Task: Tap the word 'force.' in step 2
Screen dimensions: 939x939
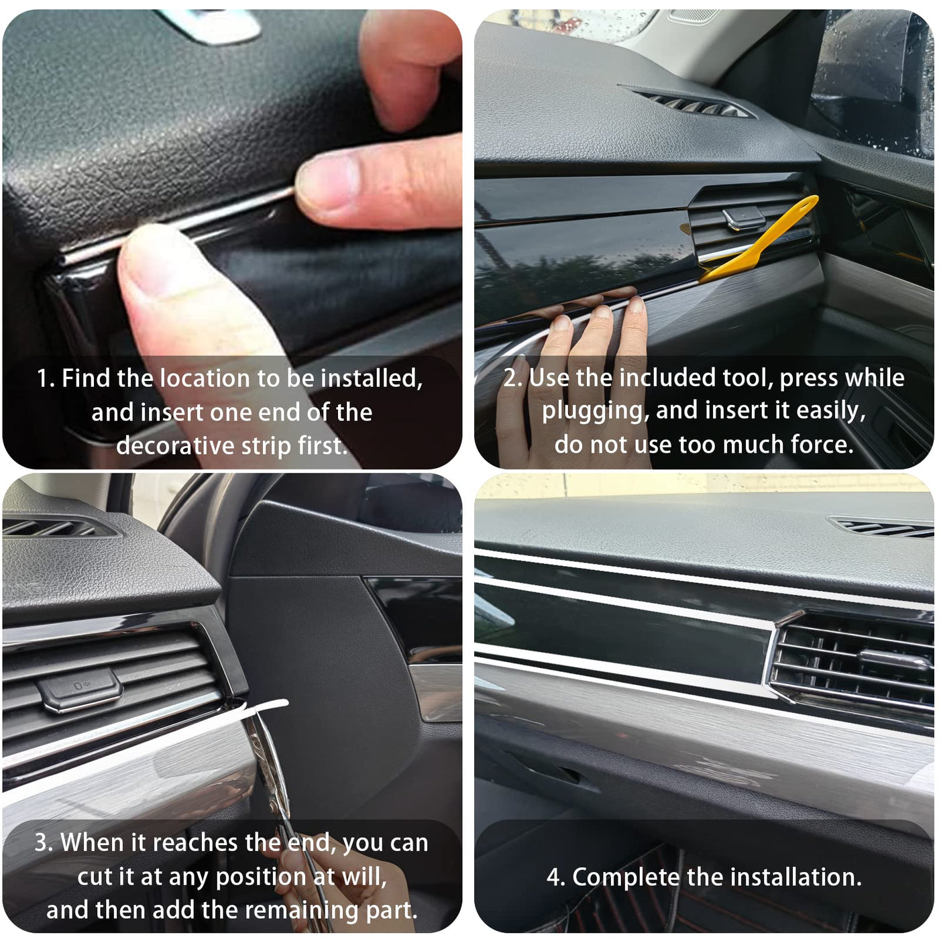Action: (822, 445)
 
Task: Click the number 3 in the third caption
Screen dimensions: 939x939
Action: (42, 842)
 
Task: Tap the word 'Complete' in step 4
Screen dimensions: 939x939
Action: (625, 877)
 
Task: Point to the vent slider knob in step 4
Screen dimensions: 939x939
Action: (895, 659)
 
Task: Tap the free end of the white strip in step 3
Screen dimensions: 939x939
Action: (286, 703)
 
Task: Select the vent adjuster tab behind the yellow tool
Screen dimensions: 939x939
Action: (744, 217)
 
